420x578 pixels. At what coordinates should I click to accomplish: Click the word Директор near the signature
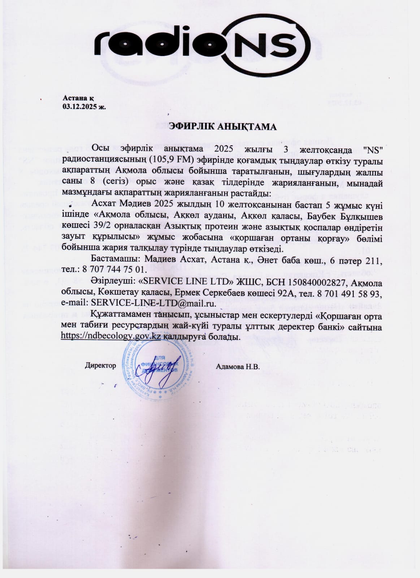[100, 366]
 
